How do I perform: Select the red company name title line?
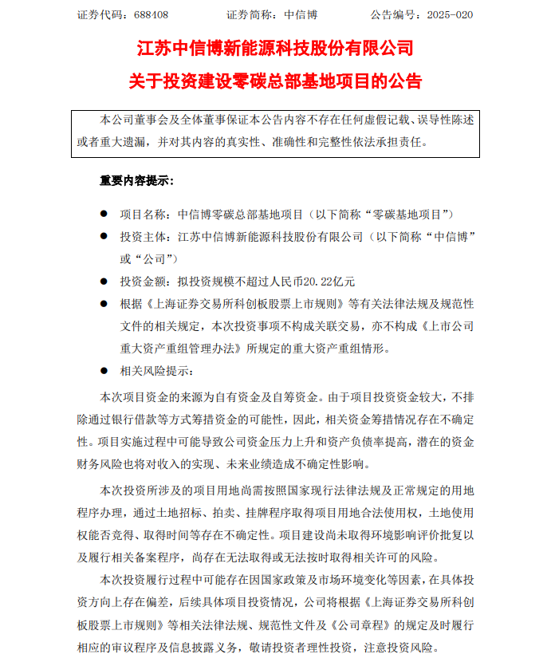275,49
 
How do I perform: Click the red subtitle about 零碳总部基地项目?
275,81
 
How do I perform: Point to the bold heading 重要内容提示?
136,180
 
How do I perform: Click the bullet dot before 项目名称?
102,215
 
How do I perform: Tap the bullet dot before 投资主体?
102,237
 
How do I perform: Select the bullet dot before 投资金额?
102,282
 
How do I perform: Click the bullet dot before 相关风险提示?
102,371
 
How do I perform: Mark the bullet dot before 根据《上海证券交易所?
102,304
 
